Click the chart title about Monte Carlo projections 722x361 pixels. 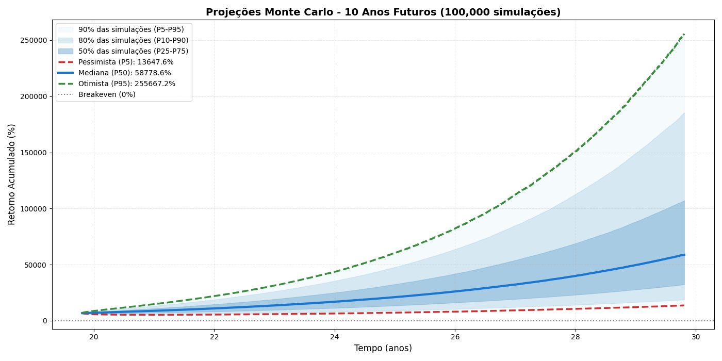pos(383,12)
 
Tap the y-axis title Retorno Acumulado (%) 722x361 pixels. pos(12,174)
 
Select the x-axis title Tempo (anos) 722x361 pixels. pos(383,349)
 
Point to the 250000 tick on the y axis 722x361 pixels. pos(32,41)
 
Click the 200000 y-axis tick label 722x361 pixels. pos(32,97)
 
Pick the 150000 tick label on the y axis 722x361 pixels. pos(32,153)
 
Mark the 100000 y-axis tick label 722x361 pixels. pos(32,209)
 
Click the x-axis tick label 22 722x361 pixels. pos(214,337)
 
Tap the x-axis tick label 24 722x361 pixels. pos(334,337)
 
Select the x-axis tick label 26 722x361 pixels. pos(455,337)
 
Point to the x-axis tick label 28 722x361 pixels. pos(575,337)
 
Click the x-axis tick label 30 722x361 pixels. pos(695,337)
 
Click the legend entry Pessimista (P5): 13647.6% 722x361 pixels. pos(126,62)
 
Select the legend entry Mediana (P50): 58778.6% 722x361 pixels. pos(124,73)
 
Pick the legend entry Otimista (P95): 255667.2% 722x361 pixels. pos(126,84)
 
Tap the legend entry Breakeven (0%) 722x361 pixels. pos(107,95)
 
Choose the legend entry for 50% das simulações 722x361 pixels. pos(133,52)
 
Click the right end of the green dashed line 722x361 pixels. pos(684,35)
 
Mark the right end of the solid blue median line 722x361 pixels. pos(684,255)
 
